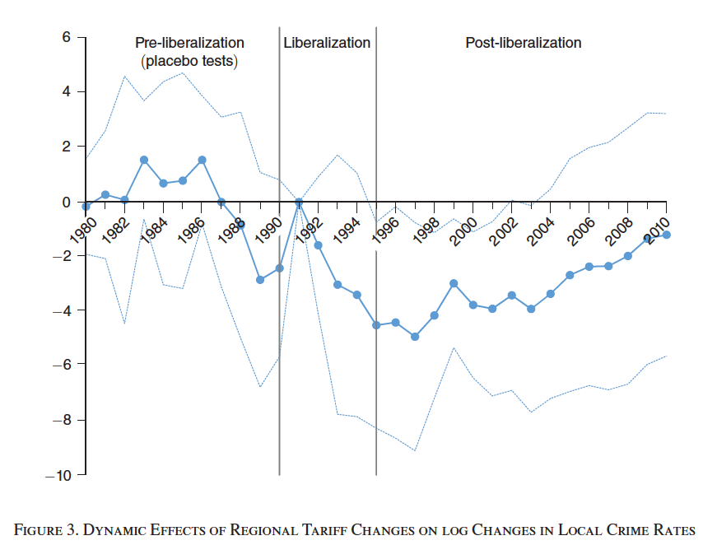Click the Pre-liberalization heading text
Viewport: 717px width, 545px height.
(x=189, y=43)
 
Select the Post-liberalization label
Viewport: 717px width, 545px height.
(x=524, y=43)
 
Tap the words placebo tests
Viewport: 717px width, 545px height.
(x=192, y=62)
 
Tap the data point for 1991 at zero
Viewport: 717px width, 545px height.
(x=299, y=202)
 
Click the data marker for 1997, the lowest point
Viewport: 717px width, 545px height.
(x=415, y=337)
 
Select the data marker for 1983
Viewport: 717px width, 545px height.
(x=144, y=160)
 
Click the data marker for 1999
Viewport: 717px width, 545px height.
(x=454, y=283)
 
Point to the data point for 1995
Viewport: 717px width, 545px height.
(x=376, y=325)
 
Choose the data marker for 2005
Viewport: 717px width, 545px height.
(x=570, y=275)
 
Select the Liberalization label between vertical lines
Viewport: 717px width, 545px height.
(x=327, y=43)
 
